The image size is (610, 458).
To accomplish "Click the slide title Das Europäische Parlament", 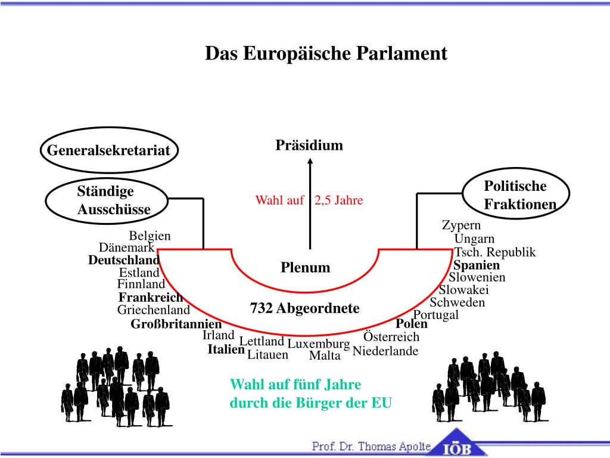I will (x=326, y=54).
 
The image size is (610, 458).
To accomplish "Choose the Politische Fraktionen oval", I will (x=516, y=194).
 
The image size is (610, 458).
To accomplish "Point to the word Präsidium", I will (x=309, y=146).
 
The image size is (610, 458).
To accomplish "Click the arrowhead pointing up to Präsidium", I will (x=310, y=162).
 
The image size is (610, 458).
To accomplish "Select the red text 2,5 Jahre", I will (x=339, y=200).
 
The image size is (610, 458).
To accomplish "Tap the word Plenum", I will (x=306, y=267).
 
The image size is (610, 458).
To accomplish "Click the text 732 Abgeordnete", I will (x=305, y=308).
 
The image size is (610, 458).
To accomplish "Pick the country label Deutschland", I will (x=124, y=261).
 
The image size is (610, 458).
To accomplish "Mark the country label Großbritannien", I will (x=176, y=324).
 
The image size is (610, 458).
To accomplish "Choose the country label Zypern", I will (x=461, y=225).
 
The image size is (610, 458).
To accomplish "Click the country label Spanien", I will (x=477, y=265).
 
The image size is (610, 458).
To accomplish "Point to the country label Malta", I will (x=325, y=356).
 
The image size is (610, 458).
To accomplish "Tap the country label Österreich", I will (x=391, y=337).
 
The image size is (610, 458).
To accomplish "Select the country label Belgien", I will (x=150, y=236).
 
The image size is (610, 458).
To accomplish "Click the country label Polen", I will (x=412, y=324).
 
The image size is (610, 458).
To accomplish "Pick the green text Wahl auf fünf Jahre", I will (x=296, y=384).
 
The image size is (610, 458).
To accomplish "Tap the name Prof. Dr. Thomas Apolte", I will (x=372, y=446).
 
